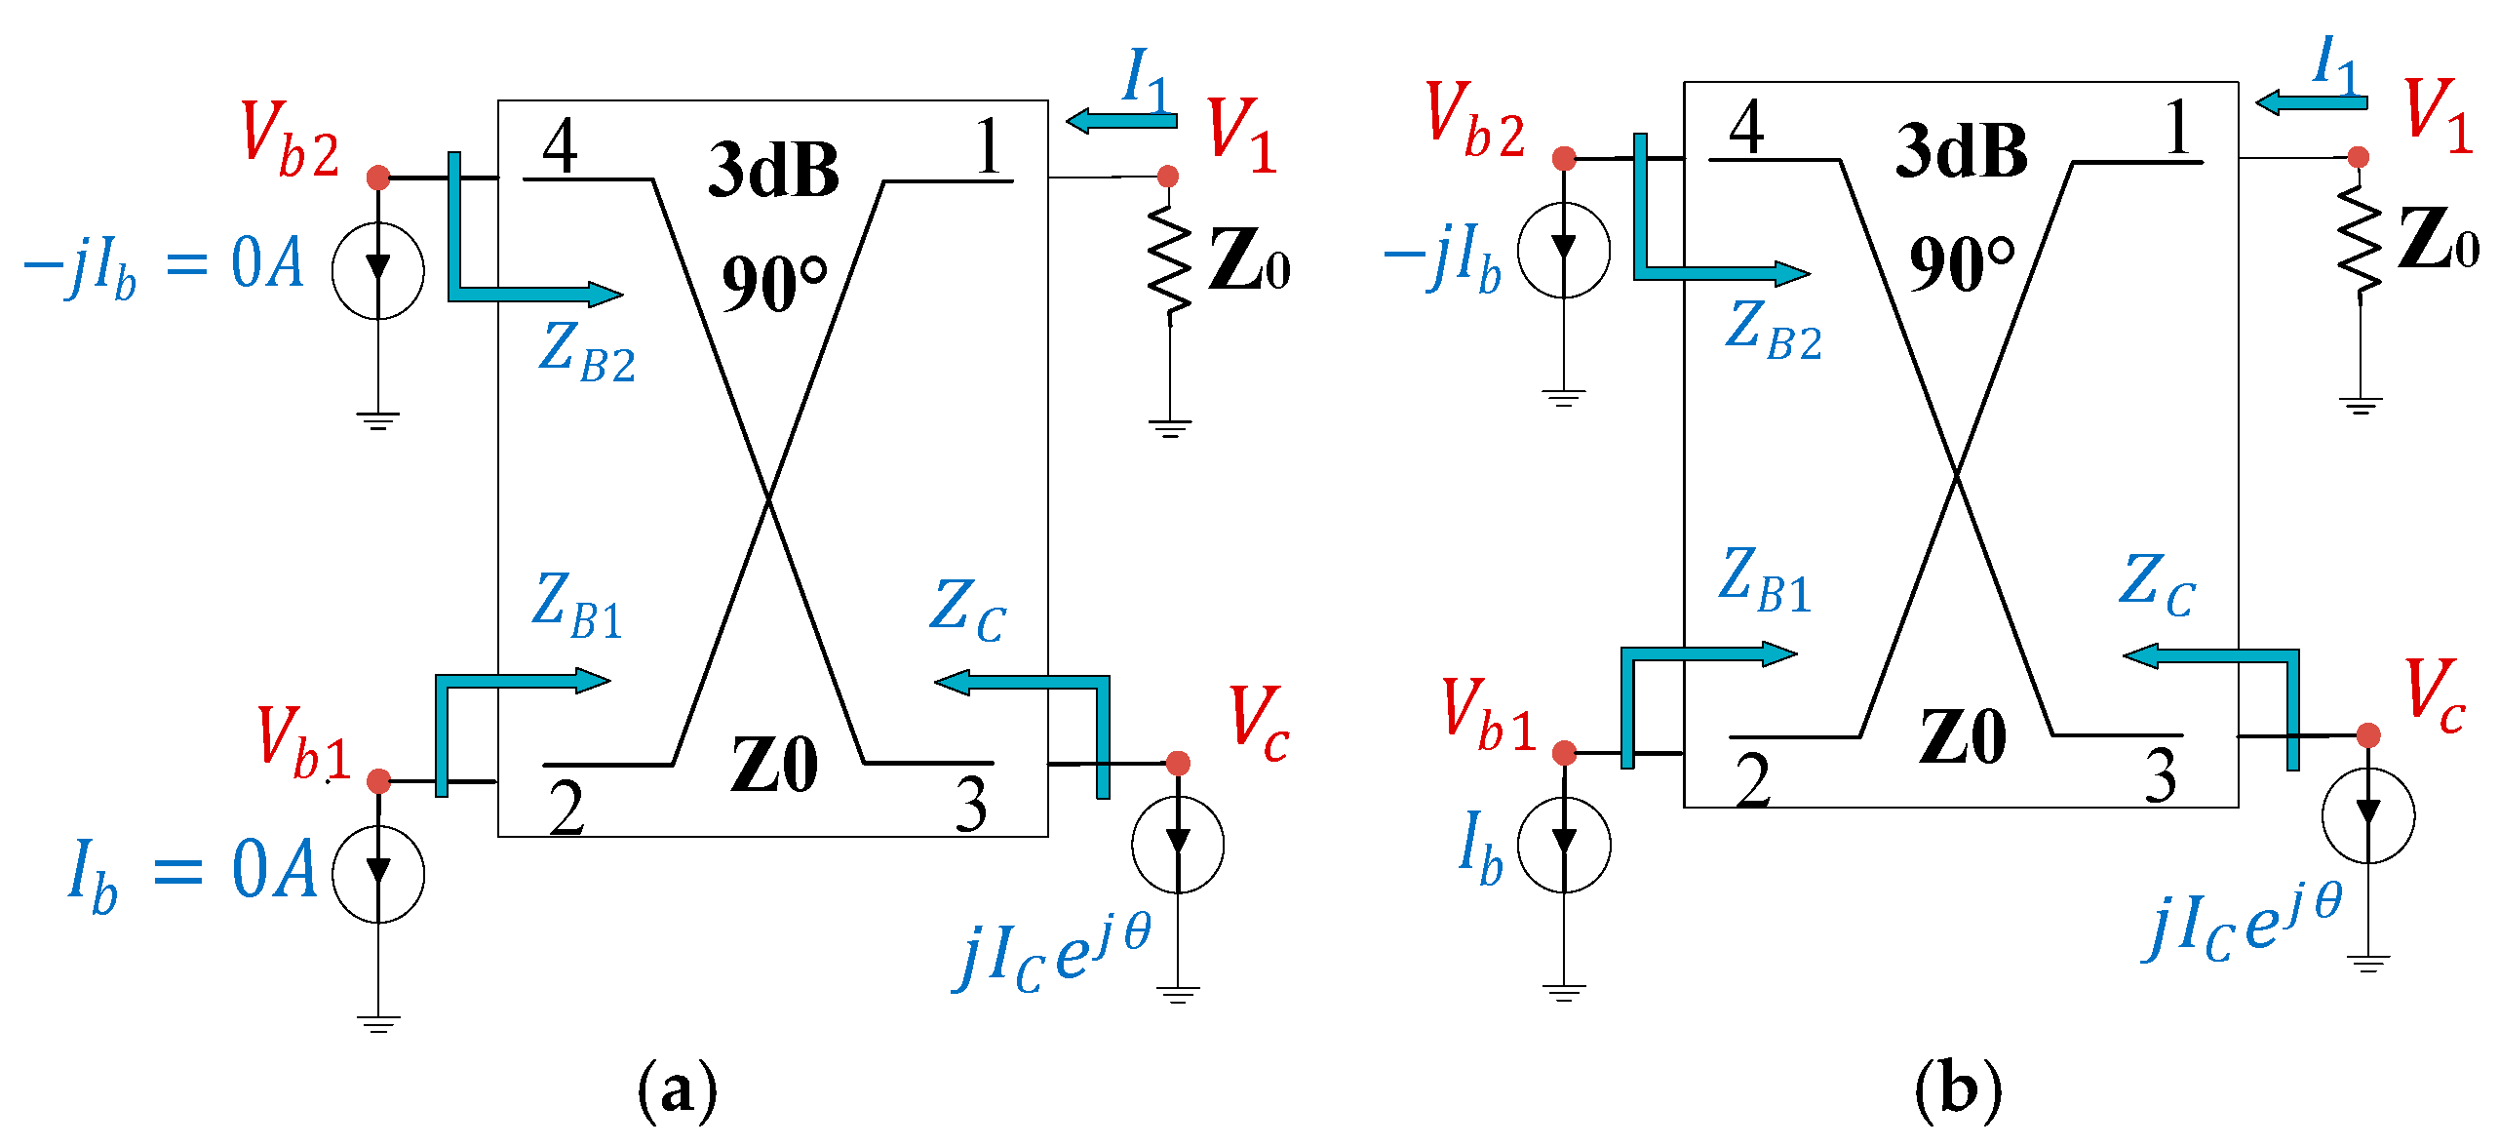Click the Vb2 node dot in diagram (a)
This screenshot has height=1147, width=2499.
[378, 178]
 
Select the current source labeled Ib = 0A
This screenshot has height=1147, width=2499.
[378, 874]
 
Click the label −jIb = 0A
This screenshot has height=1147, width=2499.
[163, 265]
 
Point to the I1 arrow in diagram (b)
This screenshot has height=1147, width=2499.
[2311, 101]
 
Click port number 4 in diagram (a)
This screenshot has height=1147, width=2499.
[561, 146]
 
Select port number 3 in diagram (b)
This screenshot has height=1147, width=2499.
[2161, 776]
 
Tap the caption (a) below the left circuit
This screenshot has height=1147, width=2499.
[677, 1088]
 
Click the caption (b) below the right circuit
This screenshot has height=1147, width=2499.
[1958, 1088]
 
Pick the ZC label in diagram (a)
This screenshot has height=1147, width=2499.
[967, 611]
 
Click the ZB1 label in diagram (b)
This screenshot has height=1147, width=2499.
[1765, 581]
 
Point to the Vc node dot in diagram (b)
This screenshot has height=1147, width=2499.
[2368, 735]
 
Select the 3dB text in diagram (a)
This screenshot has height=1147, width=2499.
[773, 170]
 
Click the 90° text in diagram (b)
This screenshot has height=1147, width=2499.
[1961, 263]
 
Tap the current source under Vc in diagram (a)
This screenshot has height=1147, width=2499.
[1178, 845]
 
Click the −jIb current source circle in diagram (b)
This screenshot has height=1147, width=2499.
[1564, 252]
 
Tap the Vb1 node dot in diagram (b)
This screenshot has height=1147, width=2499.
[1565, 753]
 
